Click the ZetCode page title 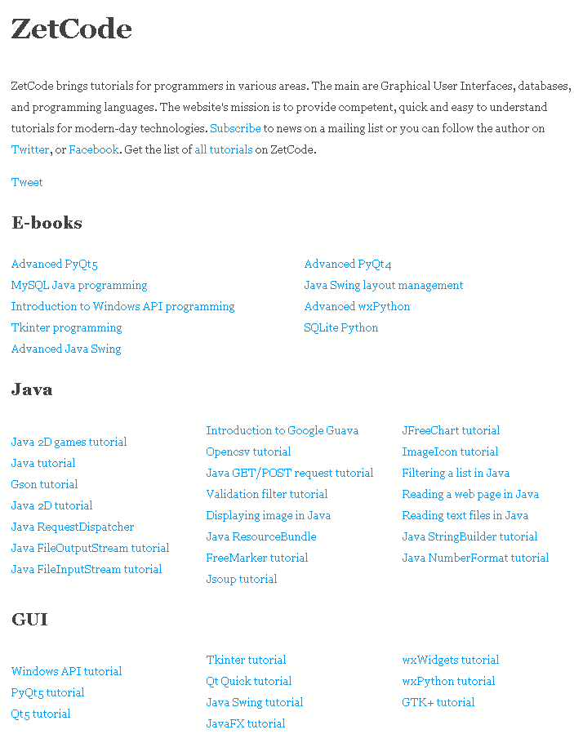pyautogui.click(x=72, y=29)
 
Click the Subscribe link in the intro pyautogui.click(x=235, y=128)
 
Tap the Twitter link pyautogui.click(x=30, y=149)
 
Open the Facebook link pyautogui.click(x=94, y=149)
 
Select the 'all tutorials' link pyautogui.click(x=223, y=149)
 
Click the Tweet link pyautogui.click(x=27, y=182)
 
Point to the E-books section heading pyautogui.click(x=47, y=223)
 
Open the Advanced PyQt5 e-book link pyautogui.click(x=55, y=264)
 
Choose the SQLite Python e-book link pyautogui.click(x=341, y=327)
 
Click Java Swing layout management pyautogui.click(x=384, y=285)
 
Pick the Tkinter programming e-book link pyautogui.click(x=66, y=327)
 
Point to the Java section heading pyautogui.click(x=32, y=389)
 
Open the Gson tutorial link pyautogui.click(x=45, y=484)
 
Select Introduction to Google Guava pyautogui.click(x=282, y=430)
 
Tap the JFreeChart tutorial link pyautogui.click(x=451, y=430)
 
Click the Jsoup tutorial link pyautogui.click(x=242, y=579)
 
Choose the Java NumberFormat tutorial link pyautogui.click(x=475, y=558)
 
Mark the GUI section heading pyautogui.click(x=29, y=620)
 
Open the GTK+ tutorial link pyautogui.click(x=438, y=702)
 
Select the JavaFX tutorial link pyautogui.click(x=246, y=723)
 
